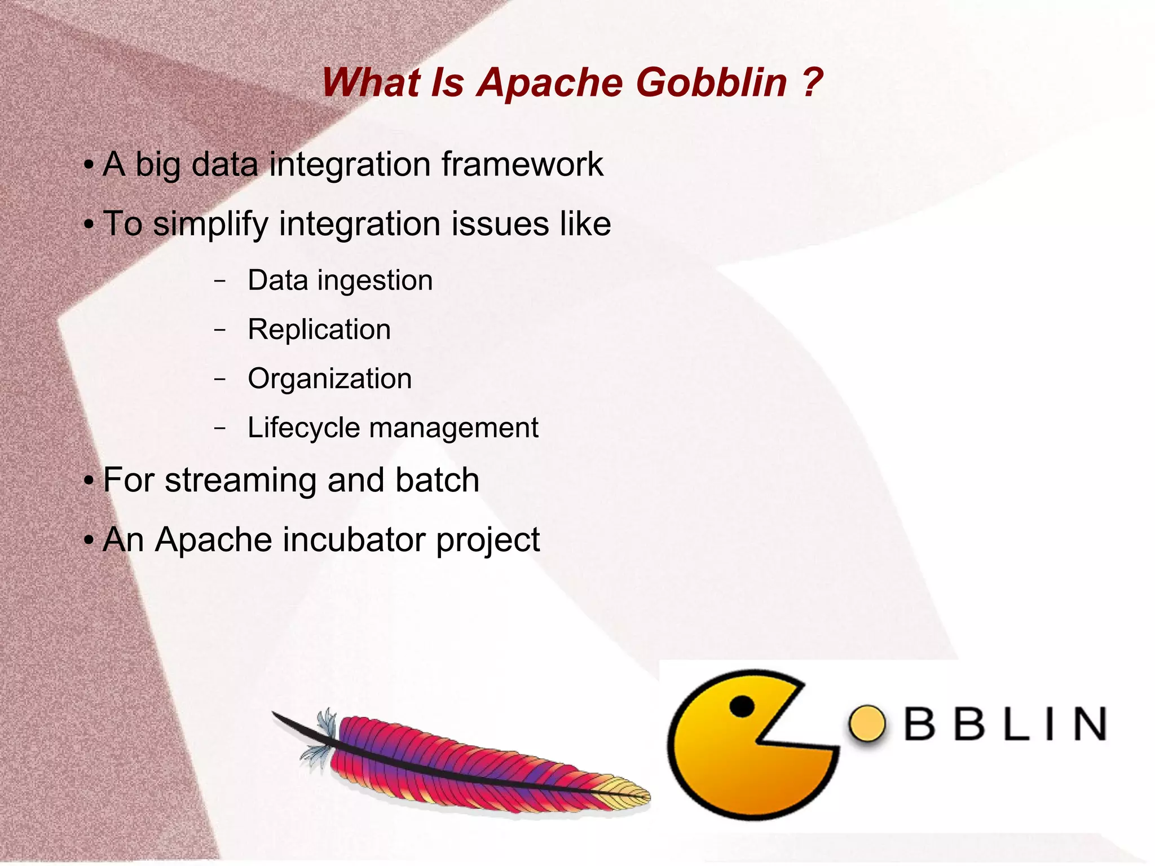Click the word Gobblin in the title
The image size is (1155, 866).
[x=711, y=83]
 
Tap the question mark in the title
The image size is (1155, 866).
[x=810, y=83]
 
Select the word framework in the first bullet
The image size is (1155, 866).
[x=522, y=164]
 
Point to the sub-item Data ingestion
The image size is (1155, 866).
[x=340, y=280]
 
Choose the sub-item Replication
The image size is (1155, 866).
[x=319, y=329]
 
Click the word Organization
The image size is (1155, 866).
[x=330, y=379]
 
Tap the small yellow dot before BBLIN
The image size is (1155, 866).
[x=867, y=723]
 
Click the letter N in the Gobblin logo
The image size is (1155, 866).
[x=1090, y=724]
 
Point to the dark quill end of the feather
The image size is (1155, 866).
[x=285, y=720]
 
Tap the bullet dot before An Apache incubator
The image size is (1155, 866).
[x=89, y=540]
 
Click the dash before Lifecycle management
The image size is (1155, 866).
[x=220, y=428]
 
